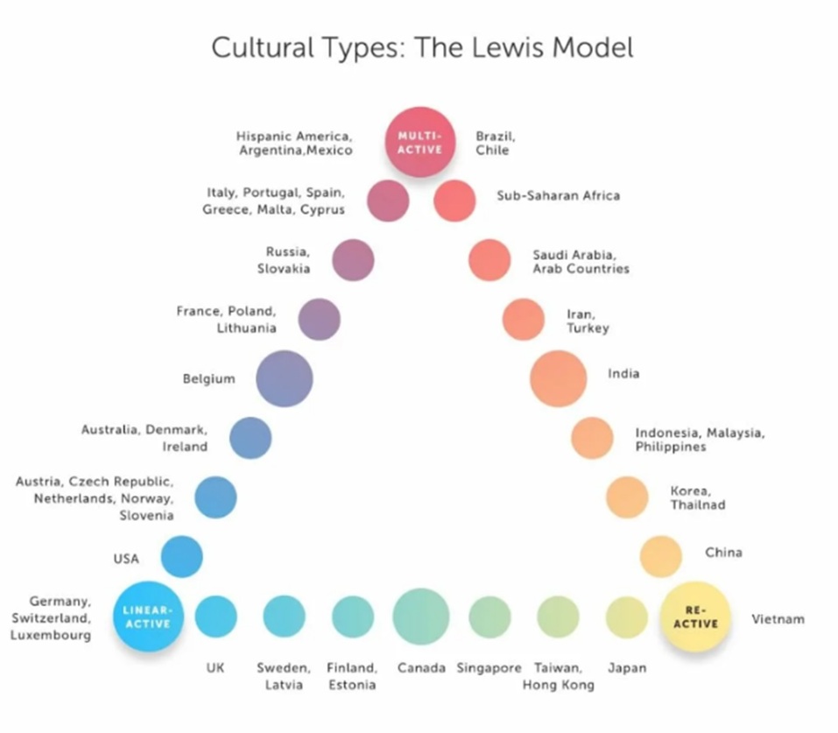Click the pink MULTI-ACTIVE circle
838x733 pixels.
[x=420, y=142]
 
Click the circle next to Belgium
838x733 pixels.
[x=284, y=379]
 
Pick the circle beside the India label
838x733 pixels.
[x=558, y=378]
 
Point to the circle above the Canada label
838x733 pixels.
[x=421, y=617]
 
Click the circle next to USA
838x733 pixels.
[x=181, y=557]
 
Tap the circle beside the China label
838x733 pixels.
[x=660, y=555]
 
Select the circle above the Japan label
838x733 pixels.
[x=627, y=617]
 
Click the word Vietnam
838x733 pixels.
[x=778, y=620]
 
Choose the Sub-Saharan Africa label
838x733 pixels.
[x=558, y=195]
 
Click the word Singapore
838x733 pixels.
[x=489, y=668]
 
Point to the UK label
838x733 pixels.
[x=215, y=668]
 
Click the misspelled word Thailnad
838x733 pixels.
[x=698, y=505]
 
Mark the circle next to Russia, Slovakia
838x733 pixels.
[x=353, y=259]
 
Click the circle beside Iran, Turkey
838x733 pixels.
[x=523, y=319]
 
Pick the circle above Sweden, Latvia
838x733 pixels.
[x=284, y=616]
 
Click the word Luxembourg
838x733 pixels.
[x=51, y=635]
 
